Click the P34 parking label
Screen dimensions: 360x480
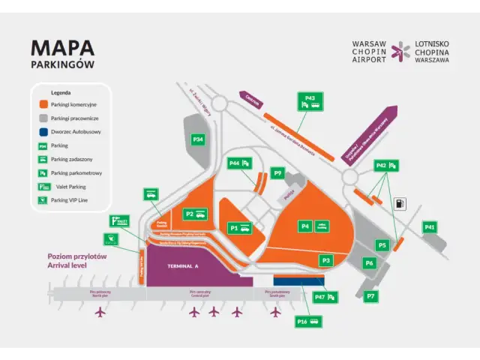point(198,139)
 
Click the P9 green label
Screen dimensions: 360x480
point(277,173)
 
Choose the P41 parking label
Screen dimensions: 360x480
point(430,227)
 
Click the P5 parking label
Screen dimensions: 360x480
point(382,245)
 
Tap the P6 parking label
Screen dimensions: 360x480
point(369,263)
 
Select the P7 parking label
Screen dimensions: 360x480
point(370,296)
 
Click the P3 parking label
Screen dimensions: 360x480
point(325,260)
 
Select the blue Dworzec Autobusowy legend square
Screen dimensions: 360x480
point(44,131)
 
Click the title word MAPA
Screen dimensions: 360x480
point(62,47)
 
